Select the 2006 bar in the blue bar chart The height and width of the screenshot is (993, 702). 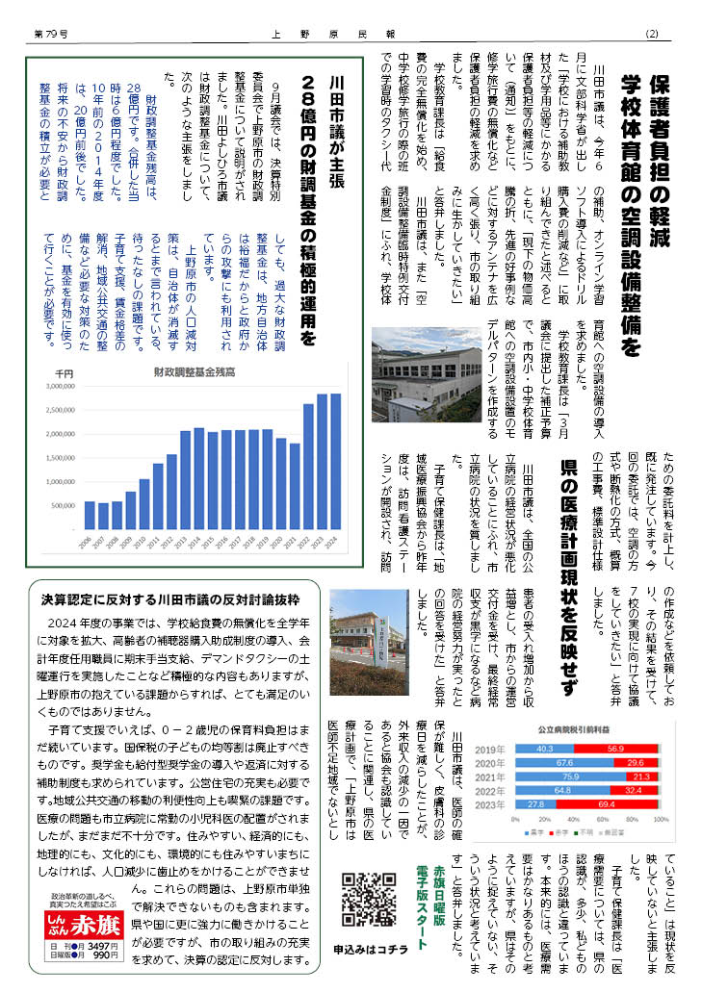(90, 515)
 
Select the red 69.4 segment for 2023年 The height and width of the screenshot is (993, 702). (607, 802)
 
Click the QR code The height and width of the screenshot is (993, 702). (370, 899)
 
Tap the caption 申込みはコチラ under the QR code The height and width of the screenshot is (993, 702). (371, 950)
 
